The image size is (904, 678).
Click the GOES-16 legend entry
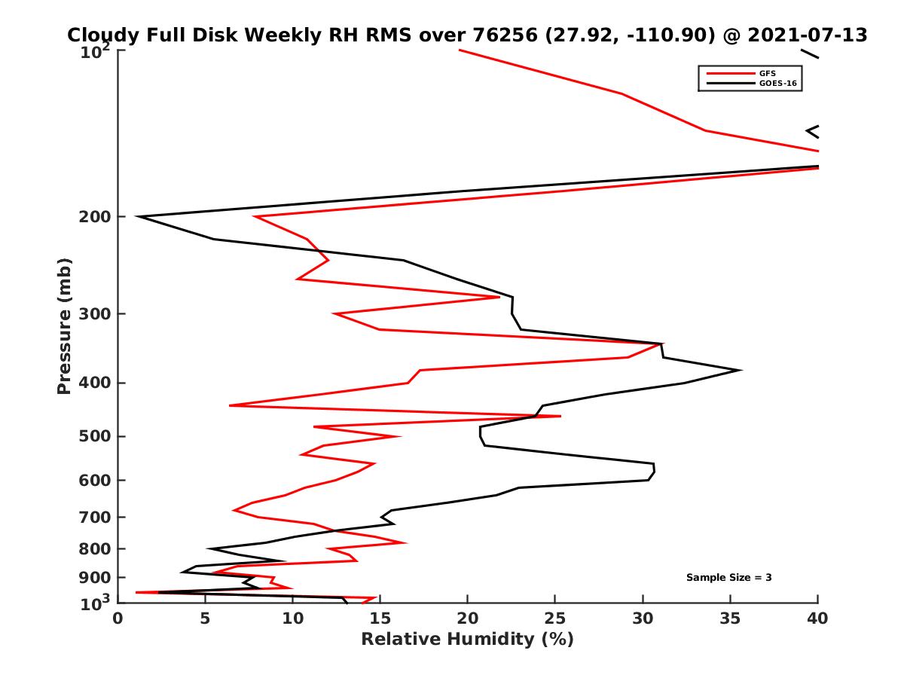777,84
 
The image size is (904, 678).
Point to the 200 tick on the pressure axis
96,217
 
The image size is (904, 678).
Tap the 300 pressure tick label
96,313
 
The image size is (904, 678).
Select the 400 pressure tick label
96,383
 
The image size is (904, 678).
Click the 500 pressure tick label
96,436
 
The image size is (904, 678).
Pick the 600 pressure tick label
96,480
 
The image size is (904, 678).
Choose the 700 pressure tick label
96,517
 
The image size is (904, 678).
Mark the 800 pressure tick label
96,548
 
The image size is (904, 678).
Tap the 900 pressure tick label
96,577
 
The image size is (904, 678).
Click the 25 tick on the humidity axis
555,618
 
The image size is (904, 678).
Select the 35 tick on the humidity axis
730,618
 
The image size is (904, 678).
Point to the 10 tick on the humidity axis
292,618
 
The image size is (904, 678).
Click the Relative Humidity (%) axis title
467,640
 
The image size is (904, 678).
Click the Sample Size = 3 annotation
728,577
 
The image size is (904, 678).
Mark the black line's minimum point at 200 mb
137,217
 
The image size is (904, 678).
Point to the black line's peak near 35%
741,370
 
